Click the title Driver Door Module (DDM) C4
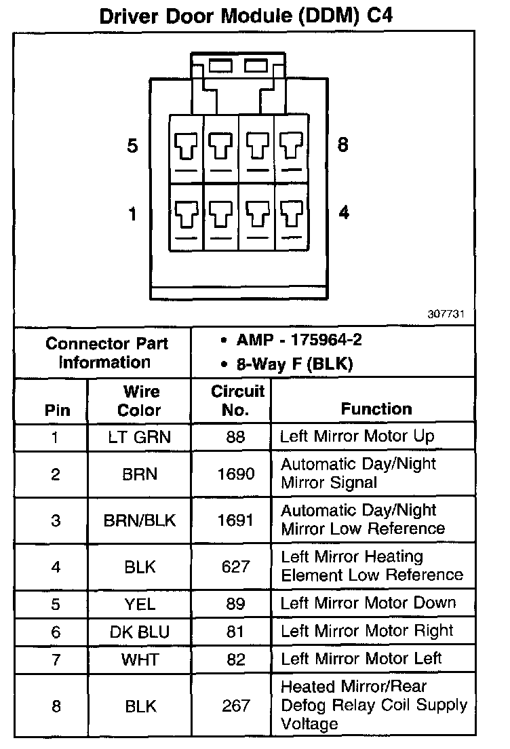(x=246, y=16)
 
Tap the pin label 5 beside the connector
(x=132, y=145)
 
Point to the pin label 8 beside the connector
(x=343, y=144)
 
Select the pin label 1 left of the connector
(x=132, y=214)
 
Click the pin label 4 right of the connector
(x=344, y=212)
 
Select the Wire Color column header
(x=140, y=401)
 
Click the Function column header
(x=376, y=408)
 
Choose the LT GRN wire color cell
(x=140, y=437)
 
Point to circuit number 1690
(x=235, y=474)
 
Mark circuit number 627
(x=235, y=566)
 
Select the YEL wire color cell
(x=140, y=603)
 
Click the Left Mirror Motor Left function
(x=361, y=658)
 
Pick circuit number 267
(x=235, y=706)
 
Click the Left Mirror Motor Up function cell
(x=357, y=436)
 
